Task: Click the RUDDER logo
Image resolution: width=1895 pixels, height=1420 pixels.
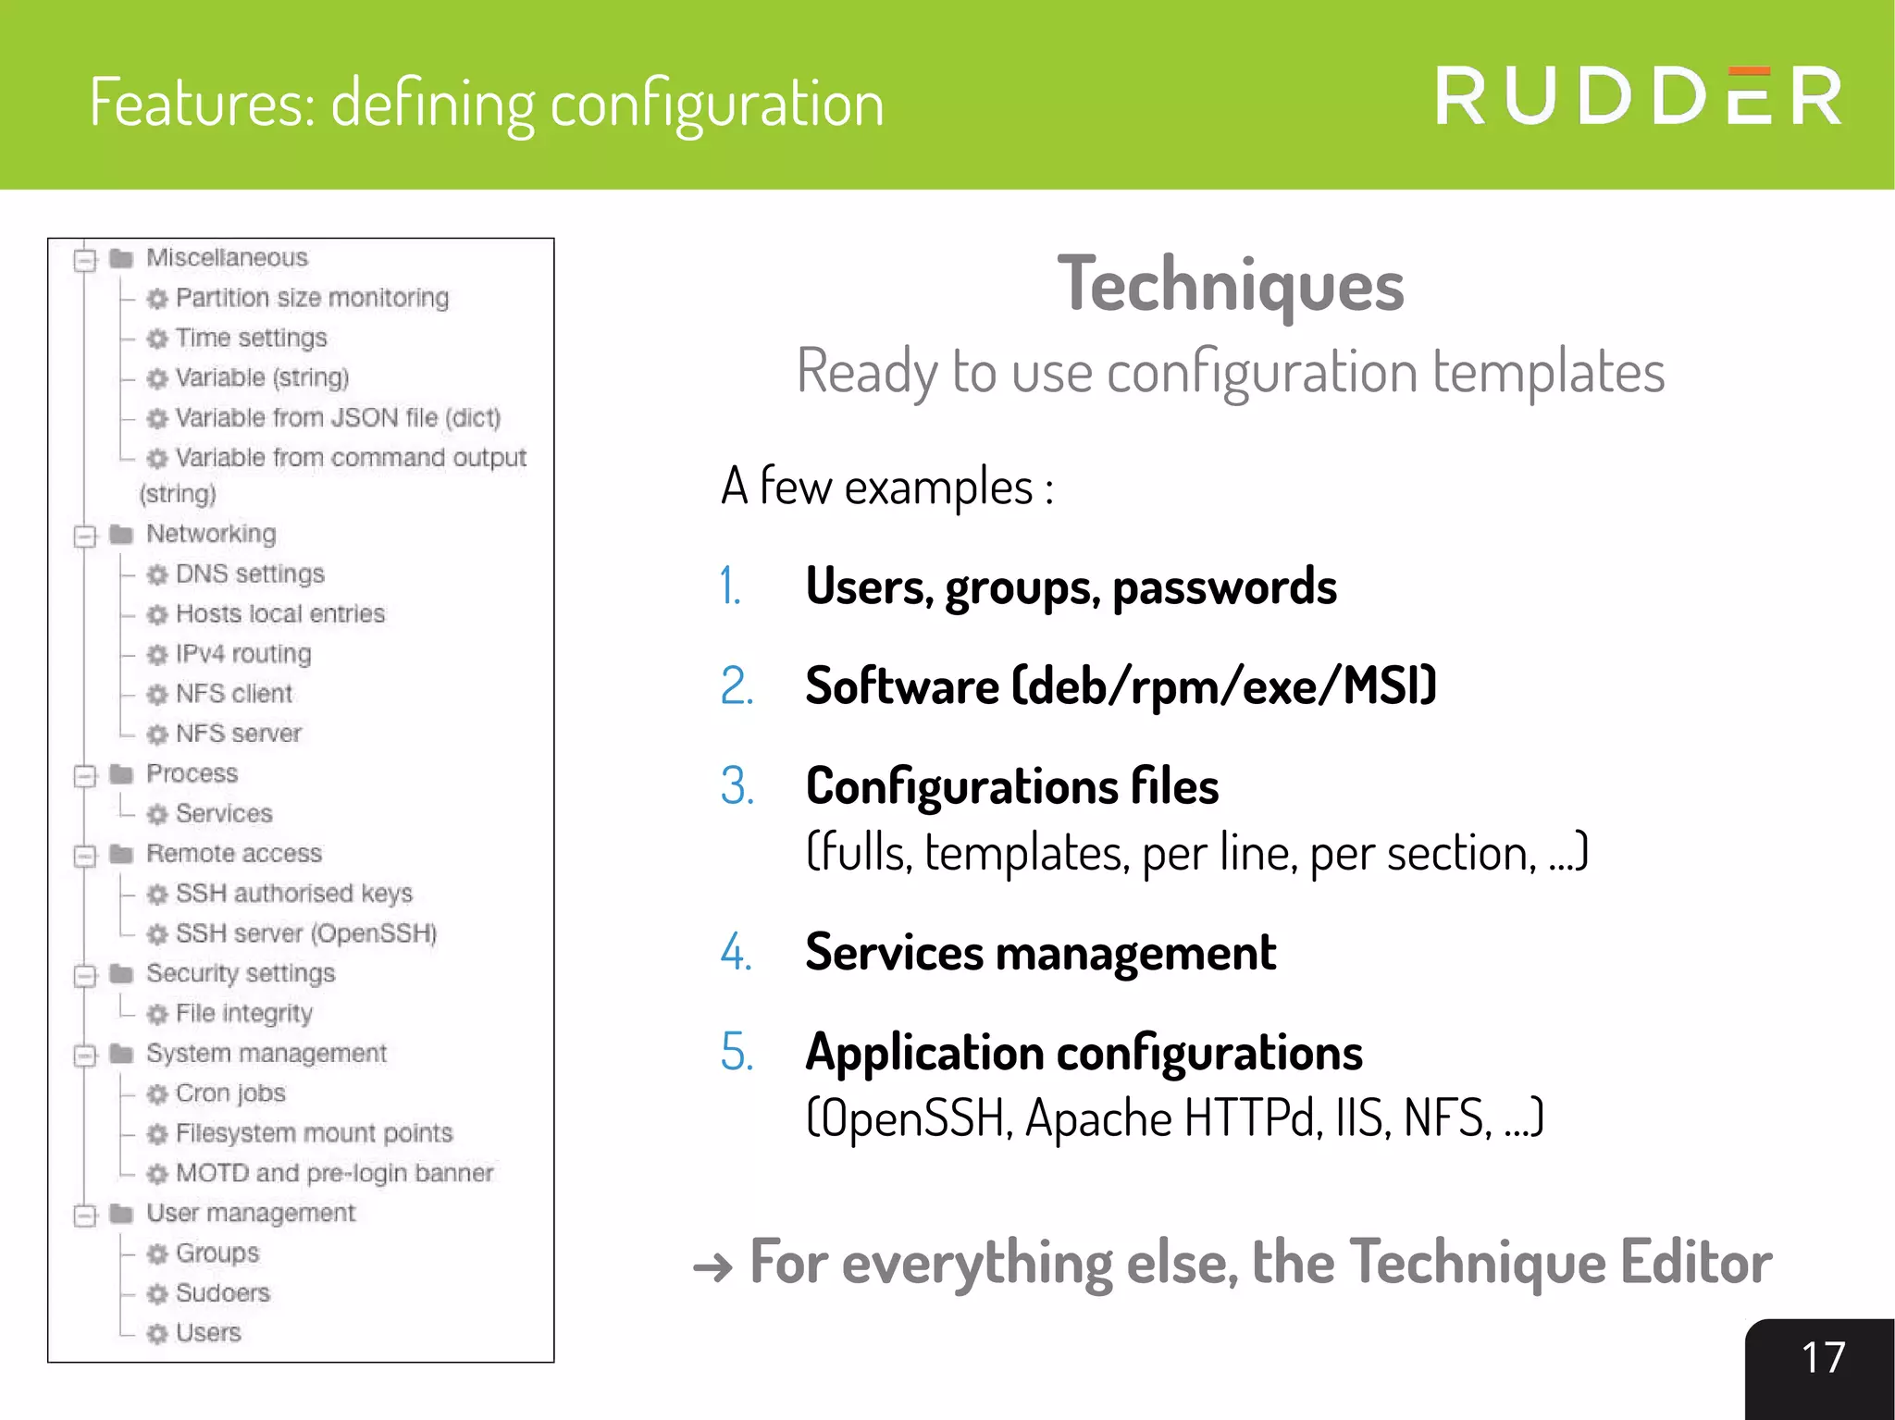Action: [x=1637, y=96]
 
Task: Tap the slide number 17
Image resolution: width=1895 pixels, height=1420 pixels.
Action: [x=1822, y=1358]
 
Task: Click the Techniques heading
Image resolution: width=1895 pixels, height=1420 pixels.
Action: [x=1230, y=285]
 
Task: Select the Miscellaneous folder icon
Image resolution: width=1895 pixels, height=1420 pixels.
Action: [x=121, y=258]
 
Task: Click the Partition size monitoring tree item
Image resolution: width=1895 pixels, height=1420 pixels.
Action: [x=312, y=298]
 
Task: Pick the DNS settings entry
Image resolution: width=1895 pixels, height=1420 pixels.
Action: [x=250, y=574]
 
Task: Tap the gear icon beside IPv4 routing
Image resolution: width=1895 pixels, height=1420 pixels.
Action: [x=157, y=655]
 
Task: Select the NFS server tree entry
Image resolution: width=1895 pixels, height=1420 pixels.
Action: [x=238, y=734]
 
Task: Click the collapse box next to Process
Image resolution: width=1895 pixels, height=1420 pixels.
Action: [x=85, y=775]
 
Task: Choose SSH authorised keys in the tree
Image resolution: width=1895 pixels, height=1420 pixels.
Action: [x=293, y=894]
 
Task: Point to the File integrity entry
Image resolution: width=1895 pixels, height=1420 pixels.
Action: [x=243, y=1014]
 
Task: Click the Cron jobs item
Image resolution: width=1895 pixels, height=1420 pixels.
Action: [x=230, y=1093]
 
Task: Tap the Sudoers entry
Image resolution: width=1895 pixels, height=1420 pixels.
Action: [x=222, y=1293]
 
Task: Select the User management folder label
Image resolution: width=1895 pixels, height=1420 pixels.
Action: [x=250, y=1214]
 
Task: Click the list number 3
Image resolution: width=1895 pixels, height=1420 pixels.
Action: [x=737, y=786]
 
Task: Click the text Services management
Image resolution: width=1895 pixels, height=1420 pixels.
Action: [x=1040, y=953]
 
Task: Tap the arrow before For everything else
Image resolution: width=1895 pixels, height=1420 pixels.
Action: [x=712, y=1266]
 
